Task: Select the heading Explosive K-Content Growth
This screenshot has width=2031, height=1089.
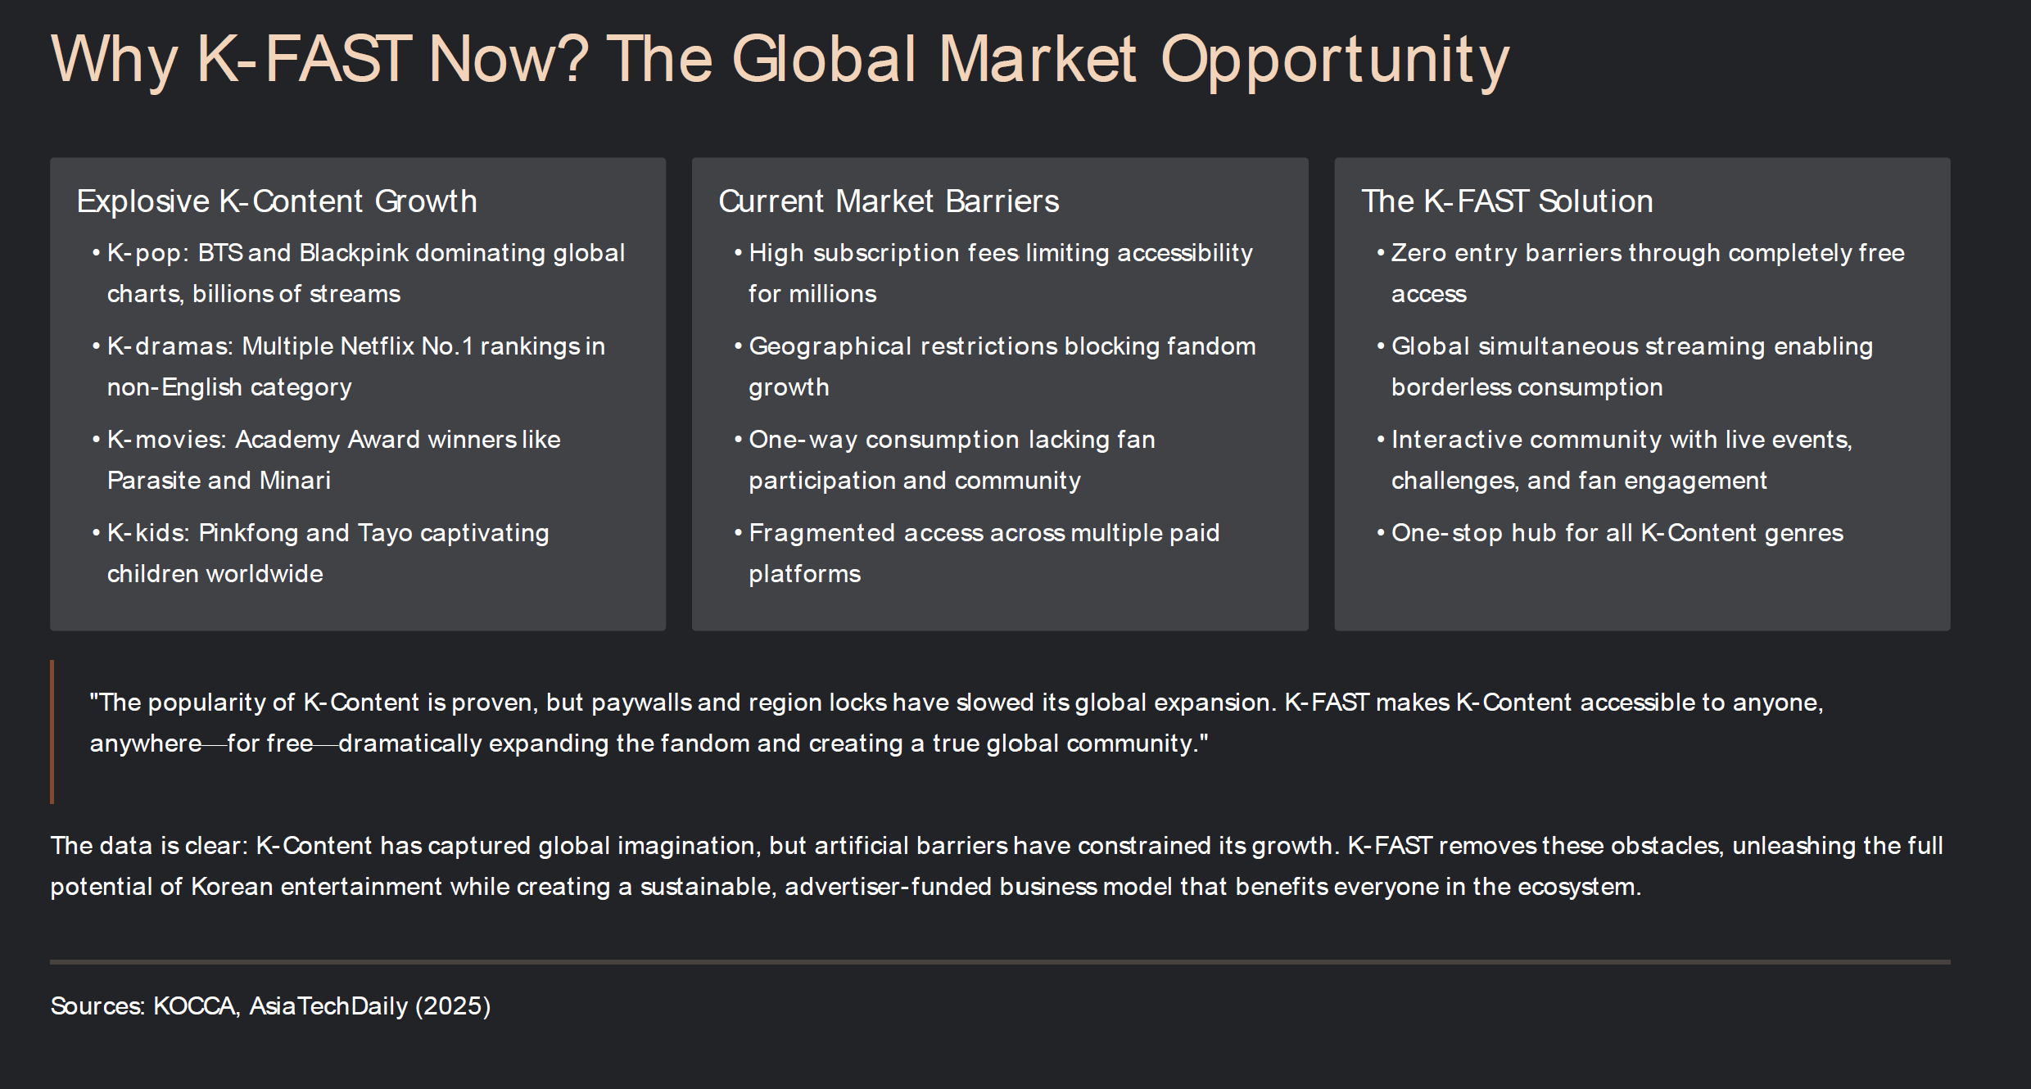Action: (277, 201)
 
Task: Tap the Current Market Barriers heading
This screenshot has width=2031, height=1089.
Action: (889, 201)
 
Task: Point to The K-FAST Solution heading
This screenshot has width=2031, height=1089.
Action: (1507, 201)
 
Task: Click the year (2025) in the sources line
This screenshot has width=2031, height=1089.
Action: (453, 1006)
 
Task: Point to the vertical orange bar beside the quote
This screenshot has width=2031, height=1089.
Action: (52, 732)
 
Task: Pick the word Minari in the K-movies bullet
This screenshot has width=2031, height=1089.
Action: (295, 481)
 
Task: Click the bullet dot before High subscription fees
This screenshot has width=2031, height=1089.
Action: (738, 253)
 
